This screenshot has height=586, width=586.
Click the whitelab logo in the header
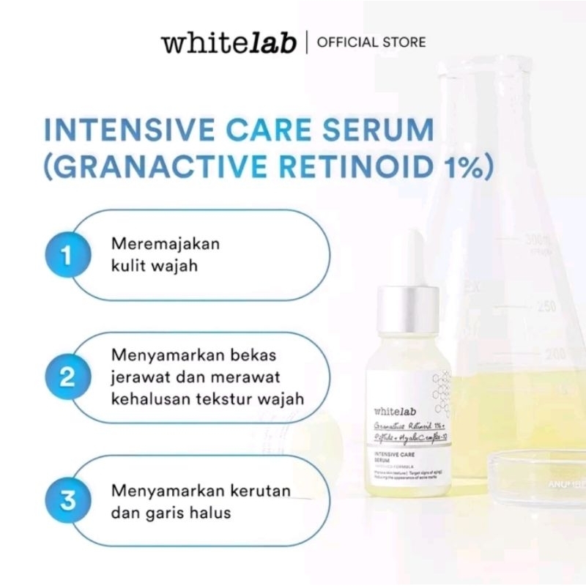[x=229, y=42]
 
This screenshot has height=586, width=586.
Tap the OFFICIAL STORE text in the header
[x=371, y=42]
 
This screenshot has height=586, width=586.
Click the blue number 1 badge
[x=67, y=255]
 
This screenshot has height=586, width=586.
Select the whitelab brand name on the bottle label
[x=393, y=412]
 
